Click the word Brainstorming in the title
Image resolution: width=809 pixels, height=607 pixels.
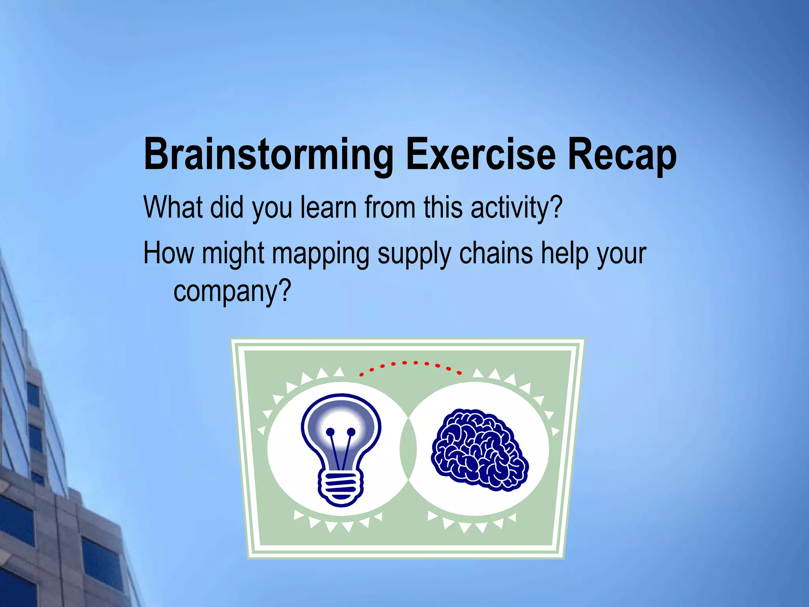click(x=268, y=155)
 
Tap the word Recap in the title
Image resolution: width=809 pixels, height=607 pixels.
click(x=622, y=155)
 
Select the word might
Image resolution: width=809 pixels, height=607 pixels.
click(x=233, y=254)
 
